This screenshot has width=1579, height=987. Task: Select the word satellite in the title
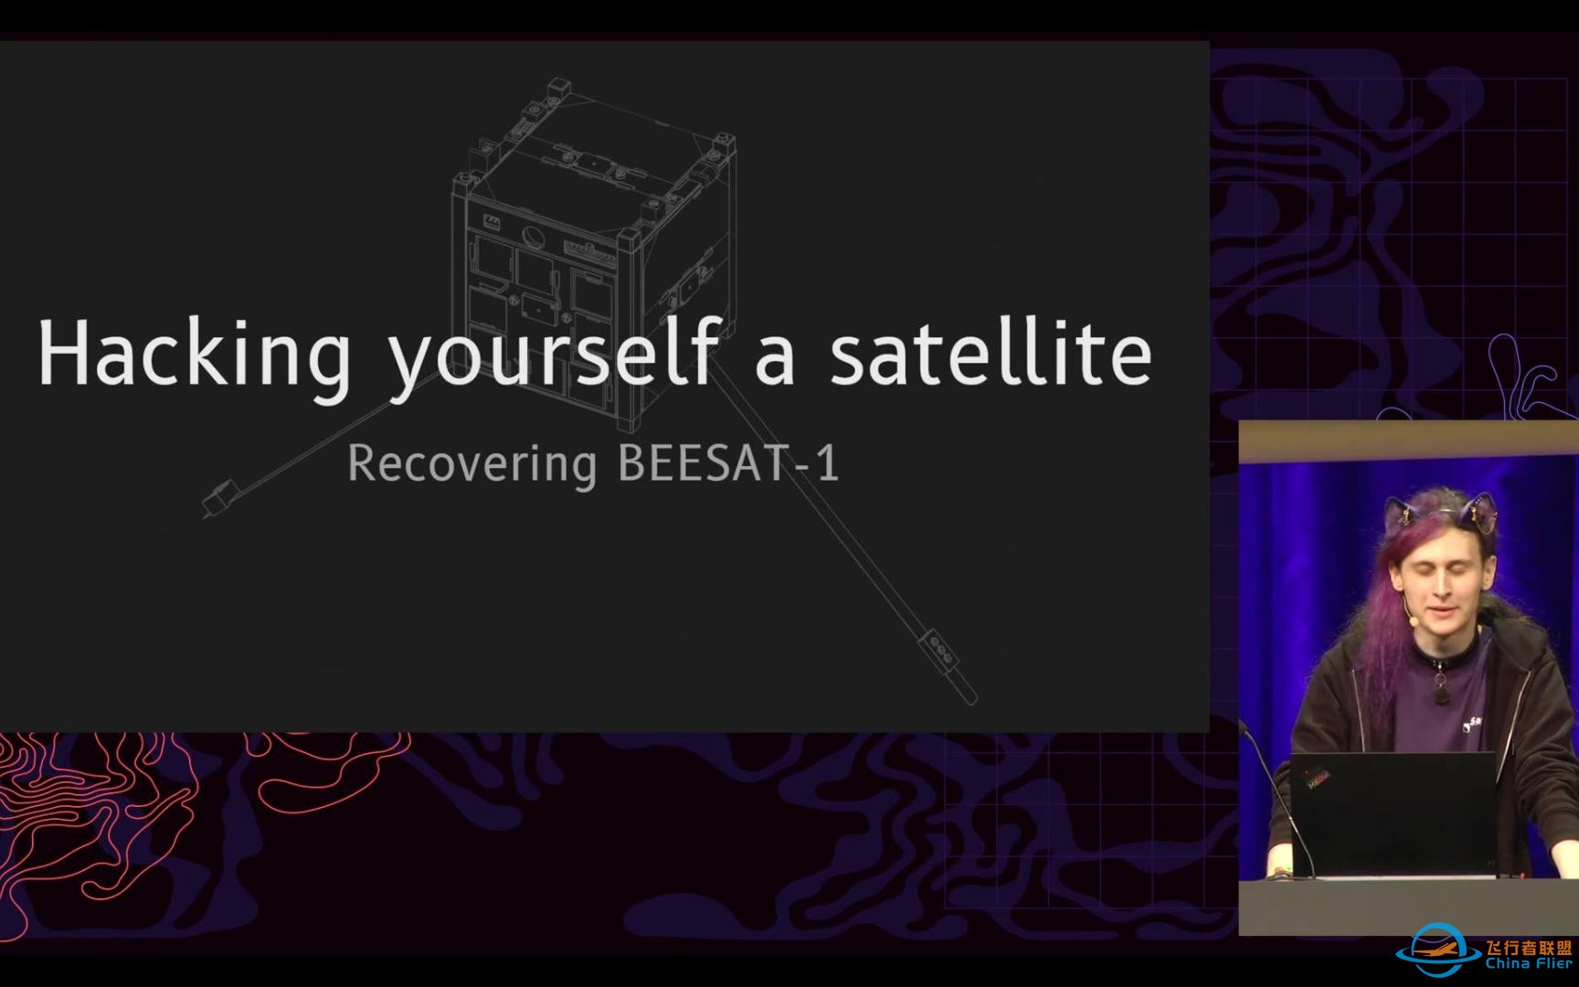[991, 352]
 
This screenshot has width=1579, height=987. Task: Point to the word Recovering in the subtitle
[472, 464]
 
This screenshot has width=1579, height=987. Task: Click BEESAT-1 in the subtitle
[728, 462]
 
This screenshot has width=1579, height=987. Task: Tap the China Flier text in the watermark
[1528, 962]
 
